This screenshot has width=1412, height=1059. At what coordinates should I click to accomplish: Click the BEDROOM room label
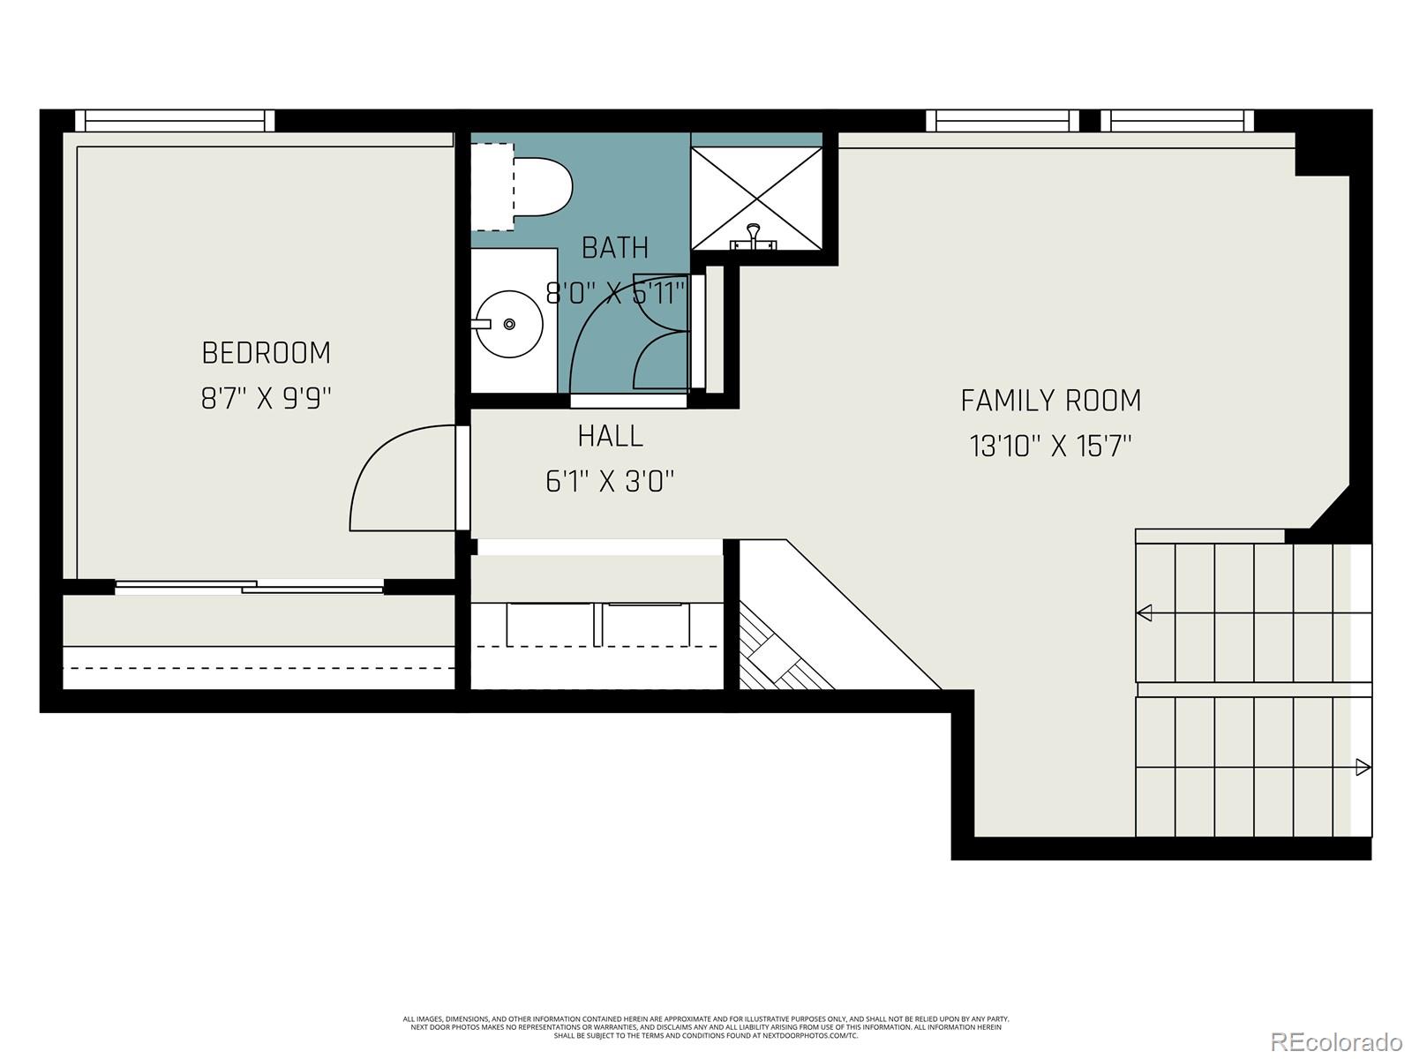[x=266, y=353]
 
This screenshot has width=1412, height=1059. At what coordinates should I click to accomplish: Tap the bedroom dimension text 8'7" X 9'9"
[x=266, y=399]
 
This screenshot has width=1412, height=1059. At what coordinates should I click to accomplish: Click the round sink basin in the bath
[x=509, y=324]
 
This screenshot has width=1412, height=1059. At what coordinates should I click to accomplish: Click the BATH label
[x=615, y=248]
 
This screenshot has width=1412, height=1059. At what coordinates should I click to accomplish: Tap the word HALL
[x=610, y=436]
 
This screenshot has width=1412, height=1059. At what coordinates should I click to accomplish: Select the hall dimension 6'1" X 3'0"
[x=610, y=482]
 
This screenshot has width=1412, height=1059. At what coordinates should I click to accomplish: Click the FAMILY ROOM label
[x=1050, y=401]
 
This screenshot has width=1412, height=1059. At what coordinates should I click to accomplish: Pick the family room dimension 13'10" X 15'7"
[x=1050, y=447]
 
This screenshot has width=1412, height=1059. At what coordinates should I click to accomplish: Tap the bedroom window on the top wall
[x=175, y=120]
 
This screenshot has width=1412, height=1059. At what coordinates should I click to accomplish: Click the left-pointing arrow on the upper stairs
[x=1145, y=612]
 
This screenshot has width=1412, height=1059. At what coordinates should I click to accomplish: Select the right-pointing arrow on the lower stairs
[x=1363, y=767]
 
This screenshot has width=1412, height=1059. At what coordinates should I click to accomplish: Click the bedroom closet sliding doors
[x=250, y=586]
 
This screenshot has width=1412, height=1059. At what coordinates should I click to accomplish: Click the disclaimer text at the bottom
[x=706, y=1026]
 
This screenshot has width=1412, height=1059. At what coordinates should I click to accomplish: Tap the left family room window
[x=1003, y=120]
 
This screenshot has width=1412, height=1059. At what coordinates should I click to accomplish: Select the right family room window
[x=1176, y=120]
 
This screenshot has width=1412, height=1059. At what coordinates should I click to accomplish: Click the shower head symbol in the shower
[x=753, y=234]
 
